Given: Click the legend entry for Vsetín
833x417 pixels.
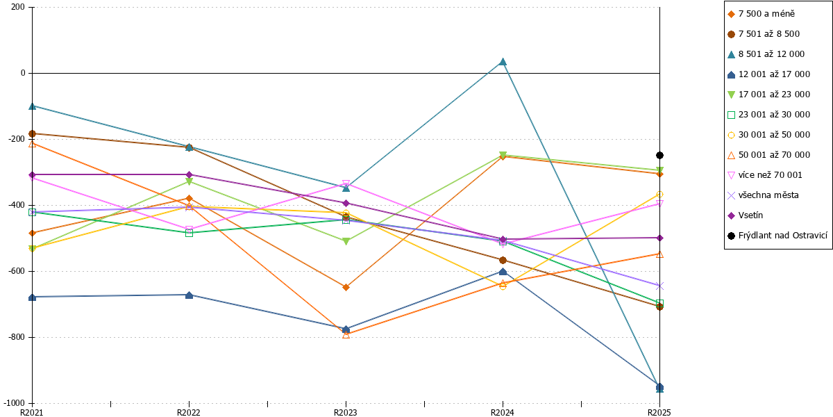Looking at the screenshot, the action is click(x=745, y=215).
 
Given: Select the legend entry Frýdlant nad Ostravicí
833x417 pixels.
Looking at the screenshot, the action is click(x=777, y=236).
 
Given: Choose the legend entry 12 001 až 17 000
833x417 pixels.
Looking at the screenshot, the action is click(x=768, y=74).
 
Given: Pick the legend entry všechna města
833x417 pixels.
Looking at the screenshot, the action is click(x=763, y=195).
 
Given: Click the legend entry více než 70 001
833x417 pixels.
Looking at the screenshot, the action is click(x=764, y=175).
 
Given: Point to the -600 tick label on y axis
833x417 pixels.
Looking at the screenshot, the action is click(x=17, y=271).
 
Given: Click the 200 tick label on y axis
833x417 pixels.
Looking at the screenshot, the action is click(x=18, y=7).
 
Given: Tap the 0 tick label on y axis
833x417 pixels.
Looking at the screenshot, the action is click(x=23, y=73).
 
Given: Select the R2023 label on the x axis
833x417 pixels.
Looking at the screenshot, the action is click(x=346, y=412).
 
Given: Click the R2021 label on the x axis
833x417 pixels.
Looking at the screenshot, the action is click(x=32, y=412).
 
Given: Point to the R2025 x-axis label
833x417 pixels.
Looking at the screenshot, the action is click(x=659, y=412).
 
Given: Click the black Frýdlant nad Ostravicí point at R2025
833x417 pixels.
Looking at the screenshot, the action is click(x=659, y=155).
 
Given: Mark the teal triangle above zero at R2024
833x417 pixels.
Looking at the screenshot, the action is click(x=503, y=61).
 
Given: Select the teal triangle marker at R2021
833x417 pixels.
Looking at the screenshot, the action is click(x=33, y=106).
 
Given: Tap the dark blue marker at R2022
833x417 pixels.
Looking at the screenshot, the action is click(x=189, y=295).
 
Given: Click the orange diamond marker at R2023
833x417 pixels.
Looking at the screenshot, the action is click(x=346, y=287).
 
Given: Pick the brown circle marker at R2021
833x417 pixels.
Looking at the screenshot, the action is click(x=33, y=133).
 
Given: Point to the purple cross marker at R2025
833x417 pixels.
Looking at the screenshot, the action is click(x=659, y=286).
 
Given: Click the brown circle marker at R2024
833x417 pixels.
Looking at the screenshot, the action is click(x=503, y=260).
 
